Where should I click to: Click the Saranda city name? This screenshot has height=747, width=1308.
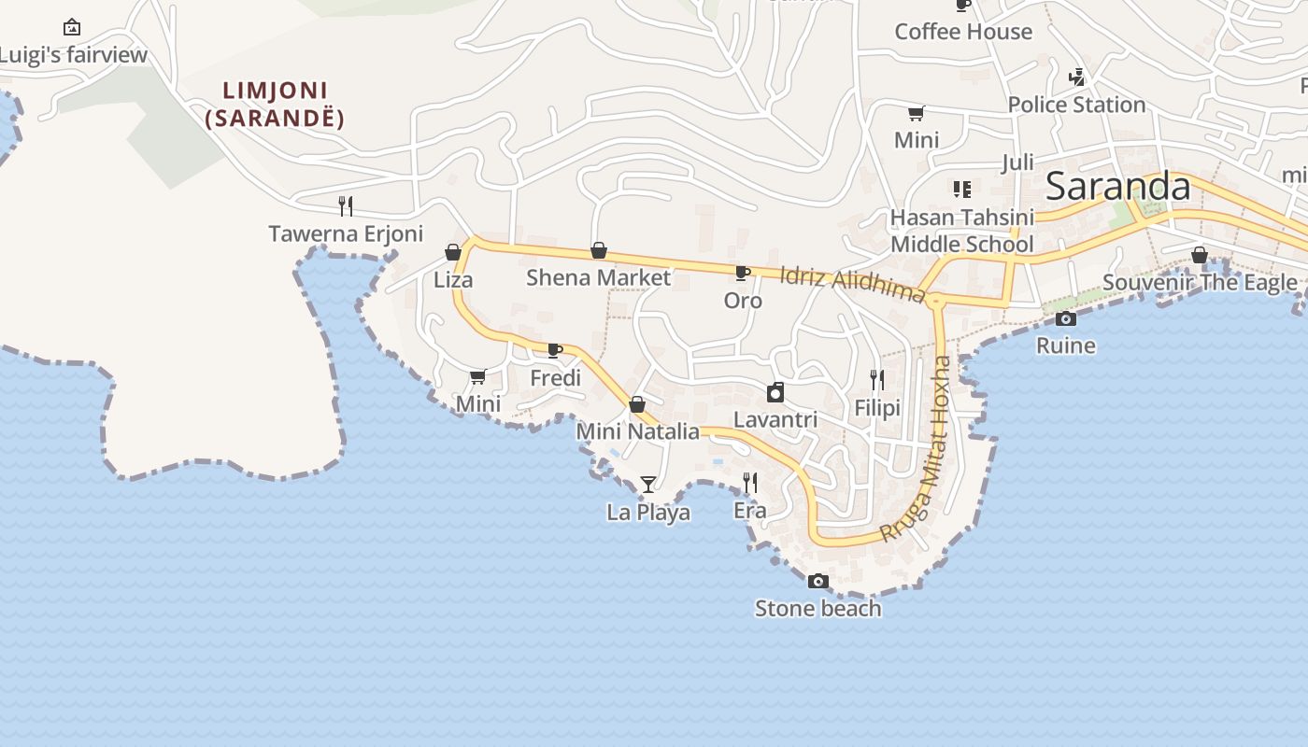1117,187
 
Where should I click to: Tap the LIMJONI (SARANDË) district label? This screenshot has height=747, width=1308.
276,105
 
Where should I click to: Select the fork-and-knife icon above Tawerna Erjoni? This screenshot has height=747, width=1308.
346,205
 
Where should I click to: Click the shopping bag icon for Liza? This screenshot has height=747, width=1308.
453,252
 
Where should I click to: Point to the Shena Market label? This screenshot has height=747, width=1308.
598,277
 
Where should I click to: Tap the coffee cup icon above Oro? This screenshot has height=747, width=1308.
743,273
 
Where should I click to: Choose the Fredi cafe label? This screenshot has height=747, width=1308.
555,378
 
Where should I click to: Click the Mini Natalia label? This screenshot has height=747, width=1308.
637,431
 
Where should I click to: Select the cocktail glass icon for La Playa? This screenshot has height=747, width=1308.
648,484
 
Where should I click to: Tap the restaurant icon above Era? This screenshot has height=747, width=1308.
750,482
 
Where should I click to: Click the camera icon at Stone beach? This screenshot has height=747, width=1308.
817,581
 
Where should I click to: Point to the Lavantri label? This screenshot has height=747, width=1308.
775,419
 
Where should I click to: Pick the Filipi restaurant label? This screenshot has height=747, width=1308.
877,408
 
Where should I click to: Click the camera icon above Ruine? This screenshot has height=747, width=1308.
1065,318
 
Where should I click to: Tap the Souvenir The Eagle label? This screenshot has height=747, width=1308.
1200,282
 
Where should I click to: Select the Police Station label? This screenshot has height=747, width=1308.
1076,105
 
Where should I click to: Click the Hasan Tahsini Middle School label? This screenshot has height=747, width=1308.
962,231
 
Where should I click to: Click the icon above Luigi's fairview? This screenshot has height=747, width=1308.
72,27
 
